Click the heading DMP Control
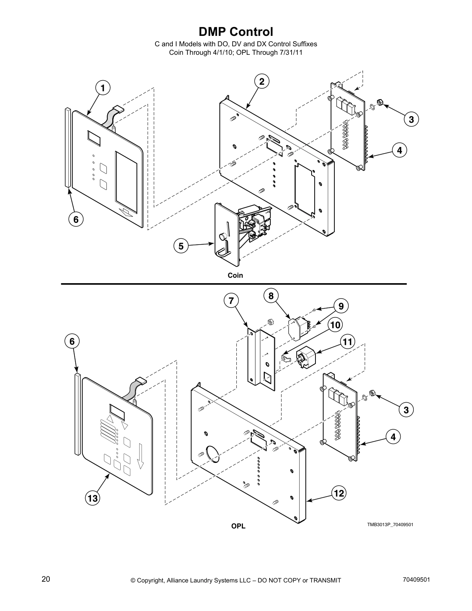coord(236,32)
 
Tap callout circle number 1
coord(103,88)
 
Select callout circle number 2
coord(262,81)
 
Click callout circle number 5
coord(181,246)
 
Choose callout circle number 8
coord(271,296)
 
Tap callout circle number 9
coord(341,306)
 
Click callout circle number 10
coord(335,325)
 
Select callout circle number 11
coord(347,341)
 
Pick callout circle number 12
coord(339,493)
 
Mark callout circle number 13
coord(93,498)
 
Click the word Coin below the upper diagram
coord(235,275)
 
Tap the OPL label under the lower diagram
coord(238,526)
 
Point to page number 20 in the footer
coord(46,579)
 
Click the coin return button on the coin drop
coord(223,236)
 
